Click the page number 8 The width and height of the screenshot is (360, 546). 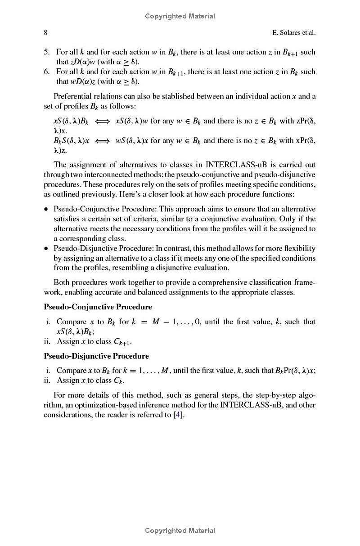(45, 32)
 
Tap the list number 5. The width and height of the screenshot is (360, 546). (46, 52)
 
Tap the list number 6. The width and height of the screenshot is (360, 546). (46, 72)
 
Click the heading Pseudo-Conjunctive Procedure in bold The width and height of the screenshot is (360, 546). (98, 307)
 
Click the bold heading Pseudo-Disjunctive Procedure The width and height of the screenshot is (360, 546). (96, 356)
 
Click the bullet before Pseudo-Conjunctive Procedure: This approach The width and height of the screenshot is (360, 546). (46, 209)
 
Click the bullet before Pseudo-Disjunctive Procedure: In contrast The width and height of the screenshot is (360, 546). (46, 249)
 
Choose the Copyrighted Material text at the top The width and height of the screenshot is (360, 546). (180, 16)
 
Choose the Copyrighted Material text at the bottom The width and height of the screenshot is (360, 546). (180, 531)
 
